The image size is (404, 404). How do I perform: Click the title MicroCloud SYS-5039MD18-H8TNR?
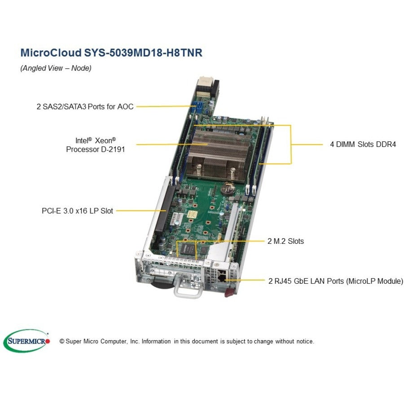(111, 53)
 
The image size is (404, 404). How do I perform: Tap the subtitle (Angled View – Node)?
(56, 68)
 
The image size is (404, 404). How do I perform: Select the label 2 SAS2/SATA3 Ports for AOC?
(85, 106)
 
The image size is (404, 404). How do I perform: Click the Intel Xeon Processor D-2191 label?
(95, 145)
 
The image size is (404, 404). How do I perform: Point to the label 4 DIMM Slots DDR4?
(363, 144)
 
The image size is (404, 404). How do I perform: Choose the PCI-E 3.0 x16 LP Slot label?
(77, 211)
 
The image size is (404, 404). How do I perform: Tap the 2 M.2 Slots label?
(285, 241)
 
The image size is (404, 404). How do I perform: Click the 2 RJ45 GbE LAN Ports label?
(336, 281)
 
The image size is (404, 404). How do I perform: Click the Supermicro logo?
(27, 341)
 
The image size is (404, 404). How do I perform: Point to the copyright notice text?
(187, 342)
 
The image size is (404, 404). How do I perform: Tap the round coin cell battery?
(228, 189)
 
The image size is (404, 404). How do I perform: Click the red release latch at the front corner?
(230, 292)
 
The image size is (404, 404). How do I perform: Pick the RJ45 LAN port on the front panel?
(222, 277)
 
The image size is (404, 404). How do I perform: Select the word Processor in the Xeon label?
(83, 149)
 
